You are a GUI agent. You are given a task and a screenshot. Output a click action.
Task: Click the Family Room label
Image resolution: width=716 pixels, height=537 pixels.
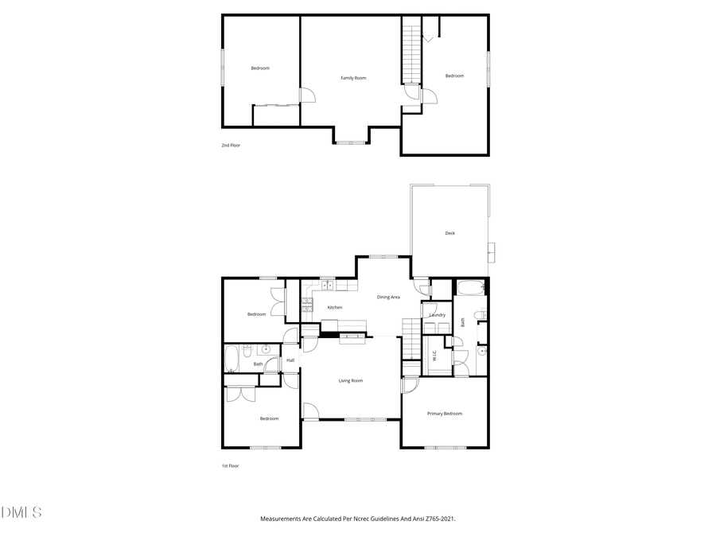353,78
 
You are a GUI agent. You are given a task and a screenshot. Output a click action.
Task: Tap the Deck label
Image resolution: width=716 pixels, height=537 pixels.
449,233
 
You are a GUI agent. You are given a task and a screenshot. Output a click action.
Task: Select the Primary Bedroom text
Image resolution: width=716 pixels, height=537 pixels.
444,414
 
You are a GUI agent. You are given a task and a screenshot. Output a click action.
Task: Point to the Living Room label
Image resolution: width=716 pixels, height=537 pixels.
351,381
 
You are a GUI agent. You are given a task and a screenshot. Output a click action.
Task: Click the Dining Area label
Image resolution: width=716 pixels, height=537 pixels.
388,297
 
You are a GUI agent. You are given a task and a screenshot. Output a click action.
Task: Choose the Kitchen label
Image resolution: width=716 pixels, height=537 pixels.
335,307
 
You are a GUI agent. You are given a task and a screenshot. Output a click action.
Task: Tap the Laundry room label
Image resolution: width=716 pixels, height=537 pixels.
437,315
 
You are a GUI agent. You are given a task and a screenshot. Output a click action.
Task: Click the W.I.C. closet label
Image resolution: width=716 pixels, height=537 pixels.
434,357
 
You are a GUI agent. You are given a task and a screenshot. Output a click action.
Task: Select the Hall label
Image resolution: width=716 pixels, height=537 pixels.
290,360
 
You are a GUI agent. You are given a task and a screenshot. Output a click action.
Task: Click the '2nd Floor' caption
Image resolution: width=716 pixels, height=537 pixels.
231,146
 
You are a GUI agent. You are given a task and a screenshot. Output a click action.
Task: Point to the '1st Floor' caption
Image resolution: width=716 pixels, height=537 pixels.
230,466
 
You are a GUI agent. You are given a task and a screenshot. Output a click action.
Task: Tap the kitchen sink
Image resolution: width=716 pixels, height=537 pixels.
326,284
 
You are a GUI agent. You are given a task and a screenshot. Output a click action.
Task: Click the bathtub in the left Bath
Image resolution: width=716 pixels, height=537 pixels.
232,359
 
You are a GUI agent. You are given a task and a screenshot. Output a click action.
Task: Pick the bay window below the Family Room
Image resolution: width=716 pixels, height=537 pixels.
351,142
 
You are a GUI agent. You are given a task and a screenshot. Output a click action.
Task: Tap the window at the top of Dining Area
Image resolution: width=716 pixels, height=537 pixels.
383,256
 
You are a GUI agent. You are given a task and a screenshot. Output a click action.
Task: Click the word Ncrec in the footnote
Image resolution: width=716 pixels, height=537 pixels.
359,519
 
